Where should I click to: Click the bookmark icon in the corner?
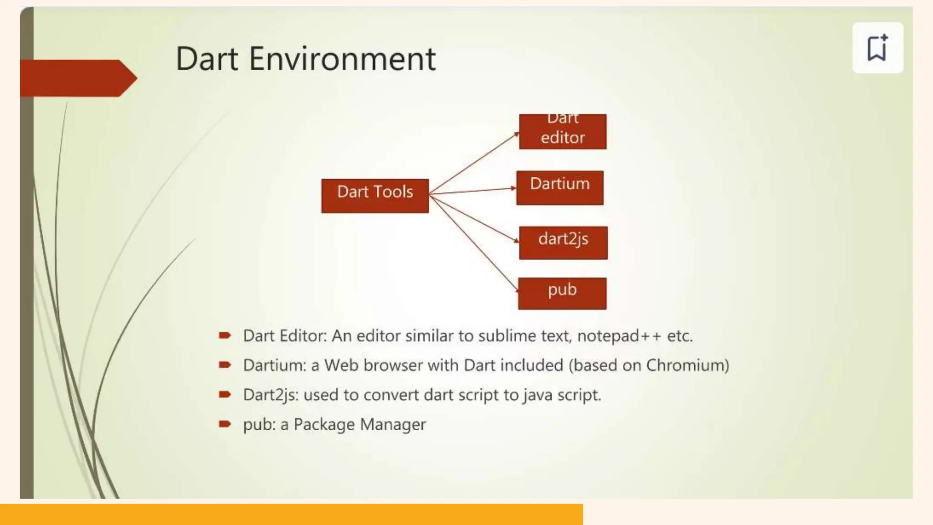[x=877, y=47]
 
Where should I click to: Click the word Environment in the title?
[x=342, y=59]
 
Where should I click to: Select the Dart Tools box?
[x=375, y=196]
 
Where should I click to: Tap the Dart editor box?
[x=563, y=132]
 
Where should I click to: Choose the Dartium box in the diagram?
[x=560, y=188]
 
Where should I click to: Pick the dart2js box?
[x=563, y=243]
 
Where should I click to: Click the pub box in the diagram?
[x=562, y=293]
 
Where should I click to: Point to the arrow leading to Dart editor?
[x=474, y=163]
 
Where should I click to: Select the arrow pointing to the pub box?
[x=474, y=242]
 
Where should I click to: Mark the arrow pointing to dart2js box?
[x=474, y=217]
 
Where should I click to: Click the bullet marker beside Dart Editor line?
[x=225, y=336]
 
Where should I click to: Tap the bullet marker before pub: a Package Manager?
[x=225, y=424]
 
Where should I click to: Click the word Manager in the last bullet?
[x=393, y=424]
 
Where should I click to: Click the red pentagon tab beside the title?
[x=77, y=78]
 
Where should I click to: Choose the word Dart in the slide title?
[x=207, y=59]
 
